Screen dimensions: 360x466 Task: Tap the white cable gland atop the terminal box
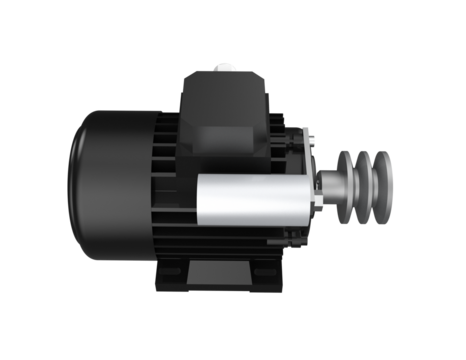click(x=224, y=69)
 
